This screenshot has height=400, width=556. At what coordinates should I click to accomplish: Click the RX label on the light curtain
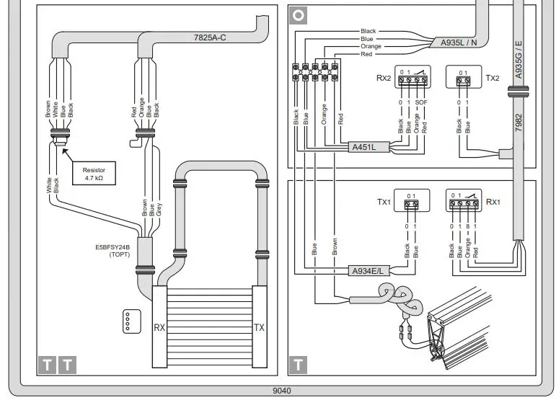point(160,327)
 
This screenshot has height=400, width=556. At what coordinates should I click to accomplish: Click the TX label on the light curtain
point(259,327)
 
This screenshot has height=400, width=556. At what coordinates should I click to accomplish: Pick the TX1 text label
point(384,203)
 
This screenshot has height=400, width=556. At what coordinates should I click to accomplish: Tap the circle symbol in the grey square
point(298,14)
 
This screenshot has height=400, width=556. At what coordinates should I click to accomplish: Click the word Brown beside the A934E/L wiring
point(335,246)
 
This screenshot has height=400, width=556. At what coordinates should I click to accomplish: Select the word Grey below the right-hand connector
point(159,209)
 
